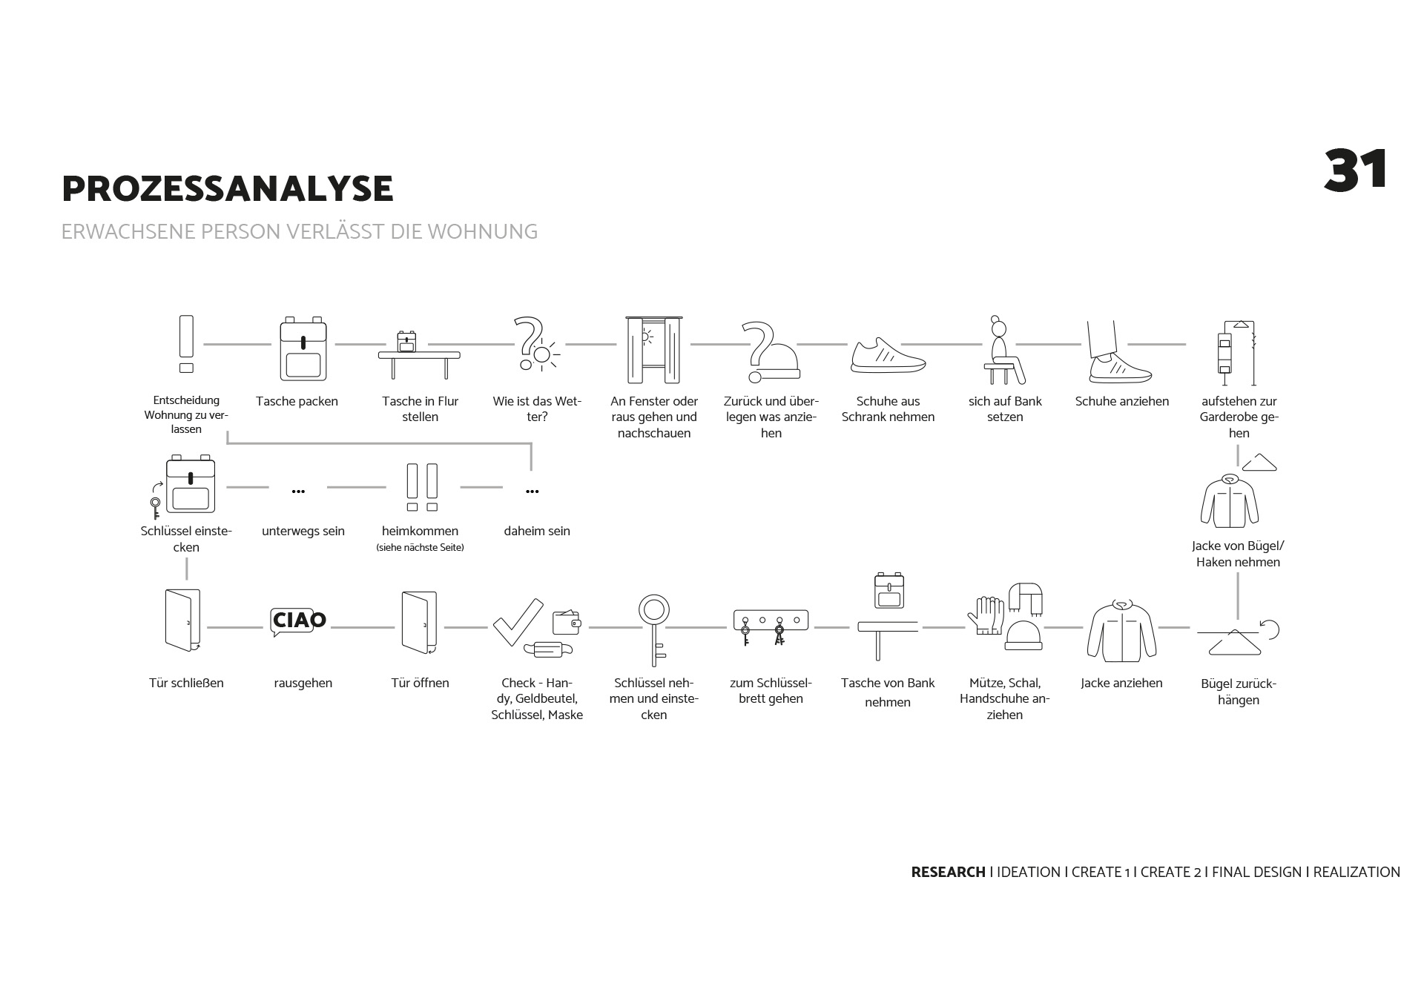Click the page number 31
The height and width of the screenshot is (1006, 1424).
point(1355,171)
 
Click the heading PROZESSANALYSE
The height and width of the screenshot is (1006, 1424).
point(227,188)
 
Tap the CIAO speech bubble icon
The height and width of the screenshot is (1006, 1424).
point(298,621)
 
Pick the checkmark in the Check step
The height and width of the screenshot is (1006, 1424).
point(517,621)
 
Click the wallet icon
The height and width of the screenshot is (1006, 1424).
point(567,622)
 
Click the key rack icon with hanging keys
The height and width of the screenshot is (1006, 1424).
point(771,626)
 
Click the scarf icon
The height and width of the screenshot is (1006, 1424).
point(1026,598)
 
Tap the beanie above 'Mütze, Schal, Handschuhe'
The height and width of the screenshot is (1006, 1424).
point(1023,635)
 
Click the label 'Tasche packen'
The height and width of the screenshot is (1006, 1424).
point(297,401)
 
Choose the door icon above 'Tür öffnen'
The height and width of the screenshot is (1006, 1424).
point(420,622)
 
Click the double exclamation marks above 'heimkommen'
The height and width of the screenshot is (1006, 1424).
point(421,487)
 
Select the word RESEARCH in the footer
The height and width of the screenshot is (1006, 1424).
point(948,873)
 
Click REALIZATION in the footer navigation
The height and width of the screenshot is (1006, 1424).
point(1357,873)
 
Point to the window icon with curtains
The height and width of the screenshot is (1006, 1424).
point(653,350)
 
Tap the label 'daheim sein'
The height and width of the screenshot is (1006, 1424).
point(537,531)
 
